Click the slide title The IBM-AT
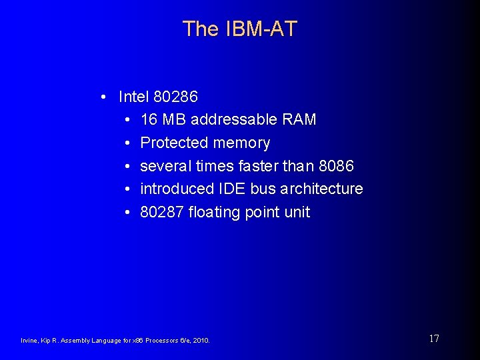(239, 29)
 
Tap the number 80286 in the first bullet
(175, 97)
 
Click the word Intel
(133, 97)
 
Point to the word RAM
(299, 120)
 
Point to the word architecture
(321, 189)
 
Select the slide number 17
(434, 339)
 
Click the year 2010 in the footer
(201, 341)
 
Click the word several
(166, 166)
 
